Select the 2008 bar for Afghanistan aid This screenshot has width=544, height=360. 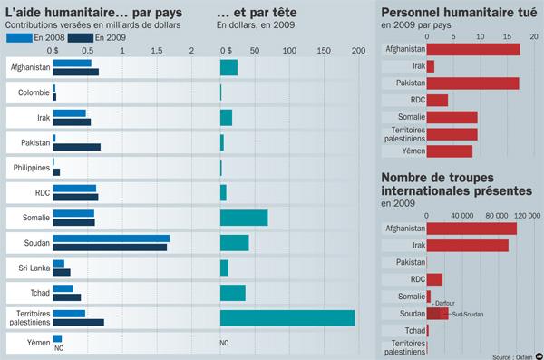click(72, 63)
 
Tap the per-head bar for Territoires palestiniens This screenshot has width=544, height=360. click(287, 317)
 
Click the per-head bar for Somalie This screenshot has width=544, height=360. click(244, 218)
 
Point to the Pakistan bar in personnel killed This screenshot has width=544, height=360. click(471, 83)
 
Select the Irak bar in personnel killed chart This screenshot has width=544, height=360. click(430, 66)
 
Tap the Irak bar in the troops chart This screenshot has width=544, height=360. click(467, 246)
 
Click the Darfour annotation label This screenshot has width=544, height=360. click(445, 303)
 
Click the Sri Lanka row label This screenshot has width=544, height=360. click(26, 268)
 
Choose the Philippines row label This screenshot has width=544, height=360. click(26, 168)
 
